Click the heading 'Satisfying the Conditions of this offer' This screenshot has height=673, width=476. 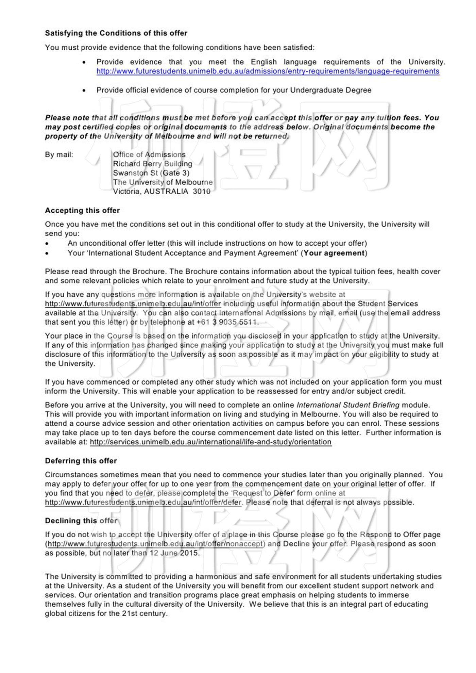click(x=116, y=33)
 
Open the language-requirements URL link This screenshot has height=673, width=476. click(x=268, y=71)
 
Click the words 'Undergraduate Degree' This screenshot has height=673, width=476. click(x=330, y=90)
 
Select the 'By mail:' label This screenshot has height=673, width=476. click(x=59, y=155)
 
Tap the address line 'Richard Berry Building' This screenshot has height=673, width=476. click(x=152, y=164)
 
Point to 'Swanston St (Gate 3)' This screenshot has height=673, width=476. click(x=151, y=173)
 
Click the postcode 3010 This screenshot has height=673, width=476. click(x=202, y=191)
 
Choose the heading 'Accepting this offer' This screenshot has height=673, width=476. click(x=82, y=210)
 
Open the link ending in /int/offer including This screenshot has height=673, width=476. click(x=133, y=304)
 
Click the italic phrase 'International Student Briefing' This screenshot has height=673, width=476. click(x=348, y=405)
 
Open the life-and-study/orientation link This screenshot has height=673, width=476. click(x=210, y=442)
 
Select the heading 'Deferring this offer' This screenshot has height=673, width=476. click(x=81, y=461)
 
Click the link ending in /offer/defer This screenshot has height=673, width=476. click(x=143, y=503)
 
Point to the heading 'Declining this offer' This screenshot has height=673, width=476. click(x=81, y=521)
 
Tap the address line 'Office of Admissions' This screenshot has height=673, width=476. click(x=149, y=155)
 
